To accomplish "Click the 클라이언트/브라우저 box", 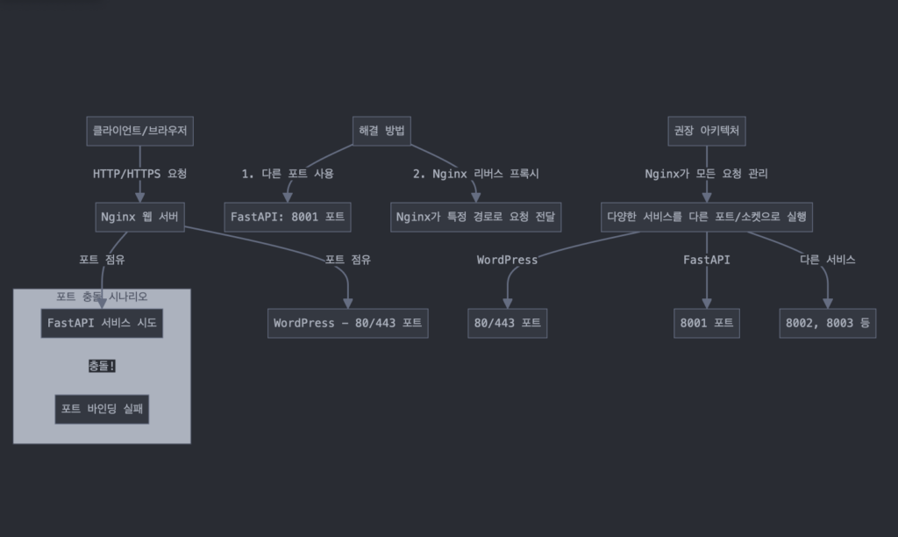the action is [139, 132].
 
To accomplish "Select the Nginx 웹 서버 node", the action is [139, 218].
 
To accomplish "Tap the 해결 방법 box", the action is [381, 132].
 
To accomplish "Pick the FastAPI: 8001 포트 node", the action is [288, 218].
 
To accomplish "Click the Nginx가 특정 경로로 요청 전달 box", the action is [476, 218].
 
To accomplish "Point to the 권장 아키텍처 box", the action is [707, 132].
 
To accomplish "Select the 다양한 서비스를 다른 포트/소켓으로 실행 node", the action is [707, 218].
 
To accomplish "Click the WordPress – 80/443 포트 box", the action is [347, 323].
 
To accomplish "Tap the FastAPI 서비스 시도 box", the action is [102, 323].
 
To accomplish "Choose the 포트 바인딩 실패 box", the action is [102, 409].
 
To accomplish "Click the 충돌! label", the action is [102, 366].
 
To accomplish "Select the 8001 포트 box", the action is [707, 323].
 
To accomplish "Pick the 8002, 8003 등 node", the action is [828, 323].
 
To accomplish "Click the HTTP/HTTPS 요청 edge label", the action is [139, 174].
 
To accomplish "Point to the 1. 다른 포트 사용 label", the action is [288, 174].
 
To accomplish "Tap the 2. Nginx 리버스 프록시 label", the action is [476, 174].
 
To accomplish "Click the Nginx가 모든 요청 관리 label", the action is [707, 174].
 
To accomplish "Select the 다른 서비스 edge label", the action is [828, 260].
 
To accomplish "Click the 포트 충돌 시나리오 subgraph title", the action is [102, 297].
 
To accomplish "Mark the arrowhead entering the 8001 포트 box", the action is [707, 304].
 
